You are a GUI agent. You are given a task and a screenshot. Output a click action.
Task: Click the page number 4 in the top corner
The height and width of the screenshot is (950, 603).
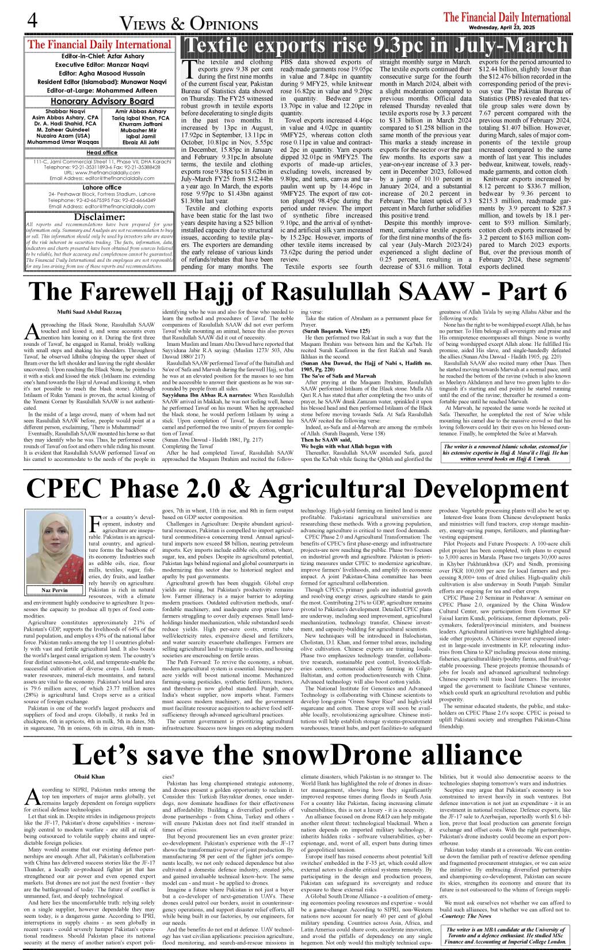click(x=32, y=20)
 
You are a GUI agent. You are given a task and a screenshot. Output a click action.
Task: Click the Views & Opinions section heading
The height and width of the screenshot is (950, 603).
click(x=189, y=24)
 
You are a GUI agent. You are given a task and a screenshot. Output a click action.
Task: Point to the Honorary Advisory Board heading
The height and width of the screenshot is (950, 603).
click(x=102, y=101)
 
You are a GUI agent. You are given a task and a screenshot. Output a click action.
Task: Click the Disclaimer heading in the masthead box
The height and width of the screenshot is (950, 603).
click(x=100, y=217)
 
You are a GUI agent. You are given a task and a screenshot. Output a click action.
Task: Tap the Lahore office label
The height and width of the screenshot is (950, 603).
click(x=102, y=188)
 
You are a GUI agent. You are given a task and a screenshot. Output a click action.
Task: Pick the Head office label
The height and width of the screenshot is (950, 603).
click(x=102, y=152)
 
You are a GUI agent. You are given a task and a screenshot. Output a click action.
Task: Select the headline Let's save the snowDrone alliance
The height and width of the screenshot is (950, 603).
click(x=298, y=755)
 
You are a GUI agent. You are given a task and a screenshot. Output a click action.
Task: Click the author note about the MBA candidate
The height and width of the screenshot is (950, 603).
click(x=505, y=935)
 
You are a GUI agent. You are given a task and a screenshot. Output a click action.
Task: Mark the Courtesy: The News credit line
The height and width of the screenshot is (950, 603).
click(x=465, y=915)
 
